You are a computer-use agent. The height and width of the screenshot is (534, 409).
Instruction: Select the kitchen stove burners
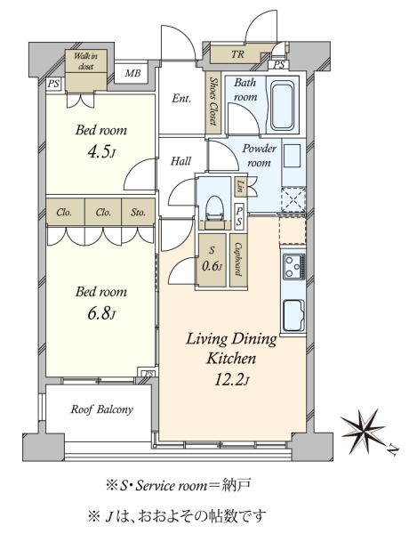pos(293,267)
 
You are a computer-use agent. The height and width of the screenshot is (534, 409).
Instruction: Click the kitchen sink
pos(294,315)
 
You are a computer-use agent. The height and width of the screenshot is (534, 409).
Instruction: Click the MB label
pos(132,73)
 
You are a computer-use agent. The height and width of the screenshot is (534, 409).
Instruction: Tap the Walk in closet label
pos(85,61)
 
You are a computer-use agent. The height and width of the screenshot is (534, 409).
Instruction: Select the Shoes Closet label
pos(213,101)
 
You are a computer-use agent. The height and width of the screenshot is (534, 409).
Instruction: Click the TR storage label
pos(238,54)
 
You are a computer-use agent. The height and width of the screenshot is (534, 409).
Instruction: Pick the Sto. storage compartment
pos(138,212)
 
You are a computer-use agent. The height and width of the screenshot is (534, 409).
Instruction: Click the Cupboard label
pos(238,260)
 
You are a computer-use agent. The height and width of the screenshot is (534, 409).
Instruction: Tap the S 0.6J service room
pos(213,260)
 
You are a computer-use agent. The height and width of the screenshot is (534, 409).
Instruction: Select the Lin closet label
pos(240,186)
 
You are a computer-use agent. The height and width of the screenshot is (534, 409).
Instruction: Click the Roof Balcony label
pos(101,409)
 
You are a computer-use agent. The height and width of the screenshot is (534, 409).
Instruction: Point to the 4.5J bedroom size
pos(101,152)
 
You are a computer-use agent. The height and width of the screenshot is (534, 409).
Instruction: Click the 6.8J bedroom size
pos(101,314)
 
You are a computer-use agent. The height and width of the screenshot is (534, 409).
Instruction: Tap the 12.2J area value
pos(231,380)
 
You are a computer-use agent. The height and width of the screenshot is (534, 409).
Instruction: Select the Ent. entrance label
pos(181,99)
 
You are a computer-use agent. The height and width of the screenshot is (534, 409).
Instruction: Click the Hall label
pos(180,161)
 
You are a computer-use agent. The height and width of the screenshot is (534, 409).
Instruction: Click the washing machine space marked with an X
pos(293,199)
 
